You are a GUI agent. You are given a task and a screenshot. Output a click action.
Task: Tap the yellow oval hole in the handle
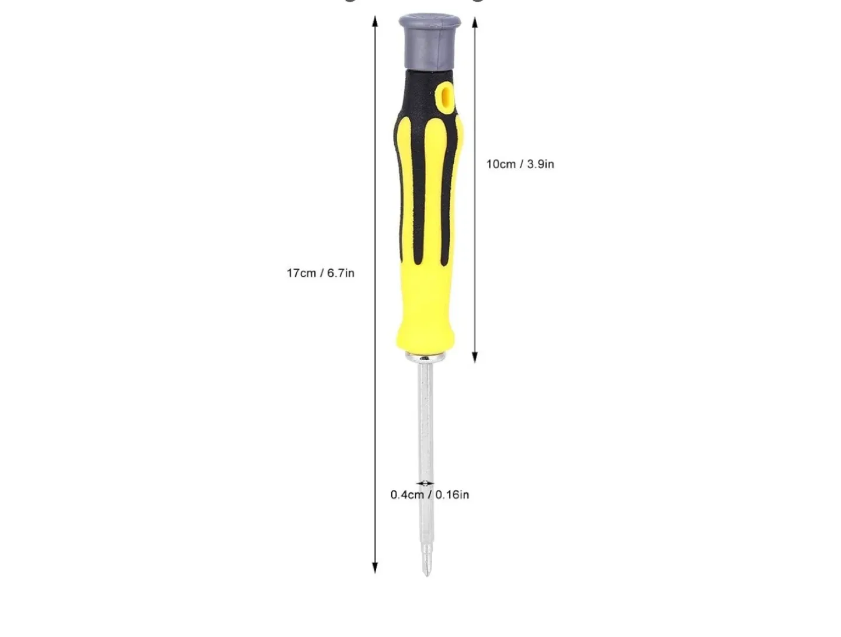445,97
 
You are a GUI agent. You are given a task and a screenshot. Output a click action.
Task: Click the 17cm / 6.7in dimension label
320,273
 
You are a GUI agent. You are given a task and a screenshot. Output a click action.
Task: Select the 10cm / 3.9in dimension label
520,164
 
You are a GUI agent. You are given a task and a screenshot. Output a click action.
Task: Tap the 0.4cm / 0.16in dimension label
429,495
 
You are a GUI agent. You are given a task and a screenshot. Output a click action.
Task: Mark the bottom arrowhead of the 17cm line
375,568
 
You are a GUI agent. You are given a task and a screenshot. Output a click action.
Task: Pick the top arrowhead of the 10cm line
475,23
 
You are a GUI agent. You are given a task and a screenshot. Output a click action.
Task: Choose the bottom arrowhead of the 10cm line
475,357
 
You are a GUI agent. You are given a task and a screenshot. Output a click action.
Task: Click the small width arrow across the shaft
425,483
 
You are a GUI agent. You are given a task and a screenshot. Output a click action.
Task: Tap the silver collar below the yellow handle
426,357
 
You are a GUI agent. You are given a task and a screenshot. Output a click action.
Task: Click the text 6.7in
340,273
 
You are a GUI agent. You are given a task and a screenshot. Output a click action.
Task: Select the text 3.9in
540,164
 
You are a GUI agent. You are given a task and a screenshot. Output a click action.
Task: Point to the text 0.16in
452,495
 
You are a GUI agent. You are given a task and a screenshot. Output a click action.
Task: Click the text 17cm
301,273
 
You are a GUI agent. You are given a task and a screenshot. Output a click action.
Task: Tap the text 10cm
501,164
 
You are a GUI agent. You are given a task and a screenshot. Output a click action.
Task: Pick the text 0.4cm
407,495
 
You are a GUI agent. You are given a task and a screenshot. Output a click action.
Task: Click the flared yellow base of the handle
426,336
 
